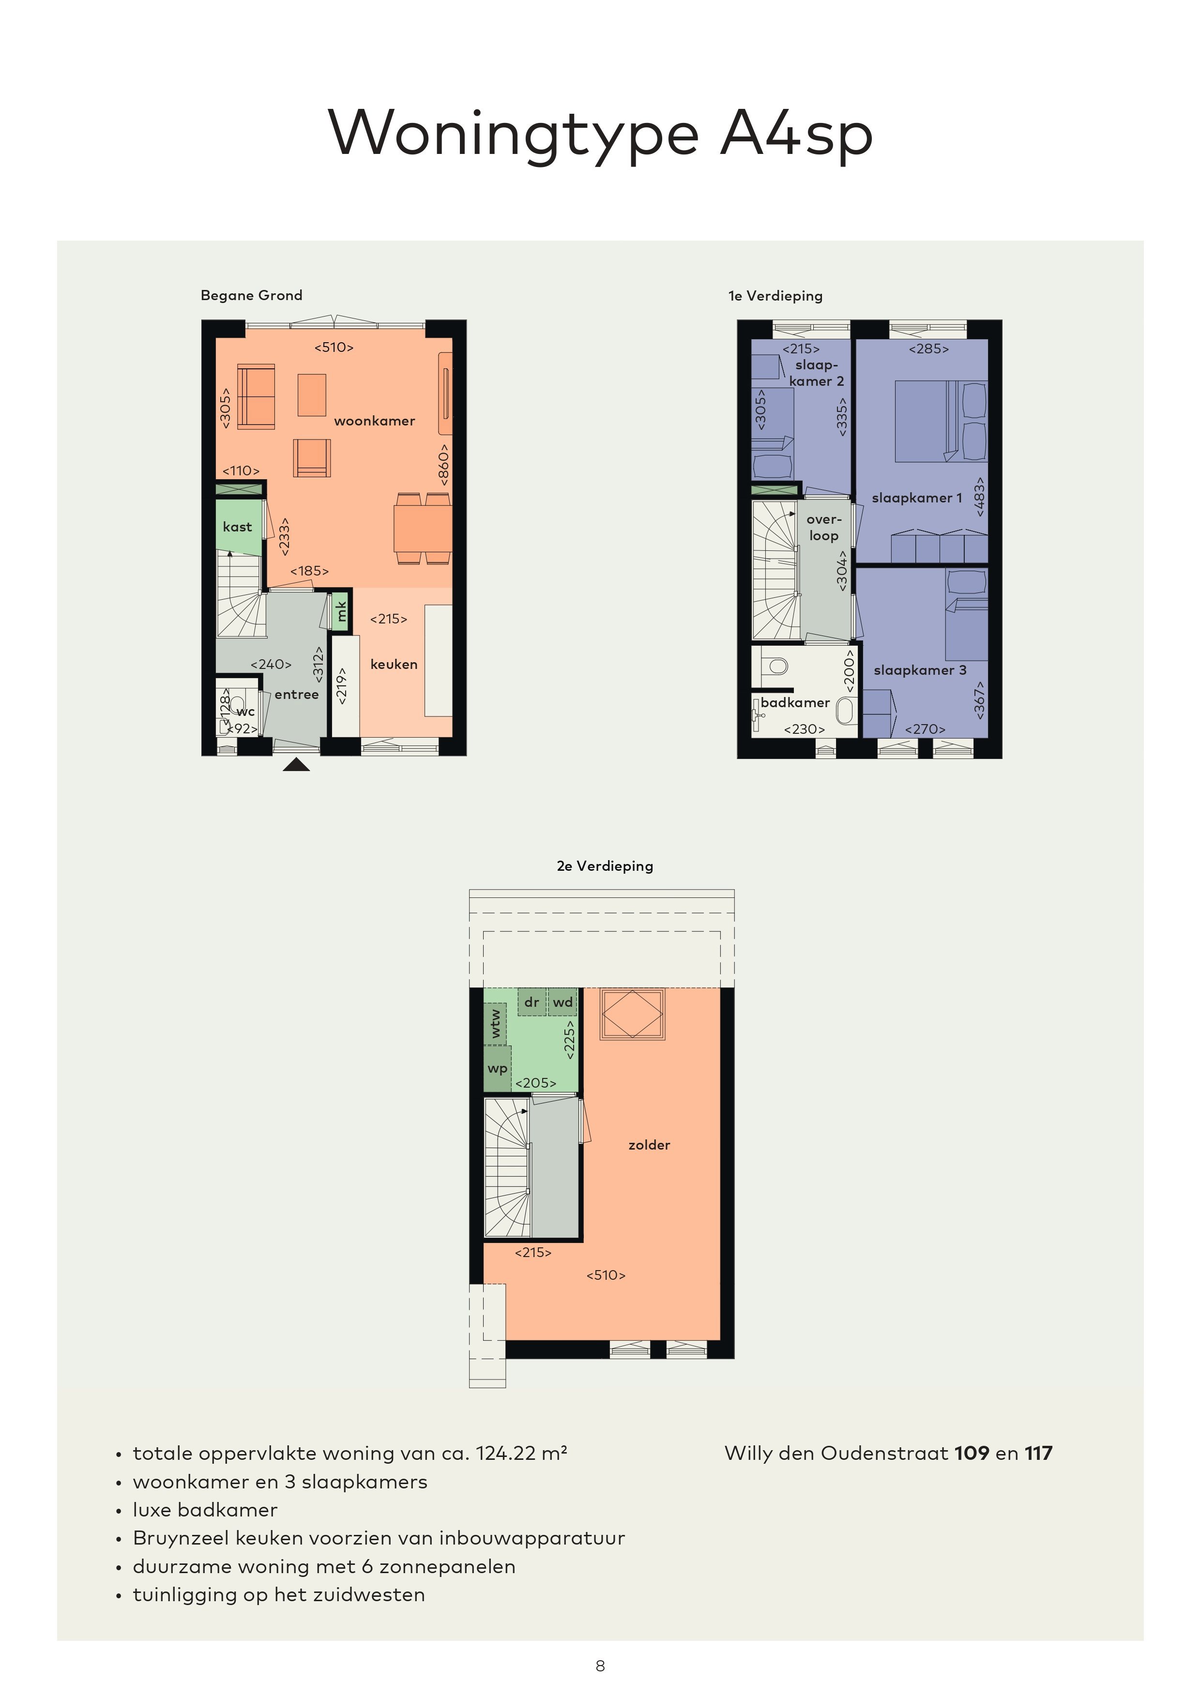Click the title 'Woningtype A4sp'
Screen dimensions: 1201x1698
pyautogui.click(x=600, y=134)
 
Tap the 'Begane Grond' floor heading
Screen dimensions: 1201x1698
pyautogui.click(x=251, y=295)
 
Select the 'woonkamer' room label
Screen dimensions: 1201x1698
pyautogui.click(x=374, y=421)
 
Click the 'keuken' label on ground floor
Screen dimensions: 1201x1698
pyautogui.click(x=394, y=664)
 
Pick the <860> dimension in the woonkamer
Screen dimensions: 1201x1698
pyautogui.click(x=443, y=465)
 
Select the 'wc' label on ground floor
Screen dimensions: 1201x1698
pyautogui.click(x=245, y=712)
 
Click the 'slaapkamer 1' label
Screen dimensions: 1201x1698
pyautogui.click(x=917, y=498)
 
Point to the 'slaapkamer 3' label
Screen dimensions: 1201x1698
pyautogui.click(x=920, y=670)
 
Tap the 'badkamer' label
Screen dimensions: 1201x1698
pyautogui.click(x=795, y=702)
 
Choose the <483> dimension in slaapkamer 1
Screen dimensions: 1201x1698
pyautogui.click(x=980, y=496)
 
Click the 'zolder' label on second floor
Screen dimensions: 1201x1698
pyautogui.click(x=649, y=1145)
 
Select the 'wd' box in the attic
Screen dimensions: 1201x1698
pyautogui.click(x=563, y=1002)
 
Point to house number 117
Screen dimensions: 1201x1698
pyautogui.click(x=1038, y=1453)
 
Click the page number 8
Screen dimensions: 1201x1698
pyautogui.click(x=600, y=1666)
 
